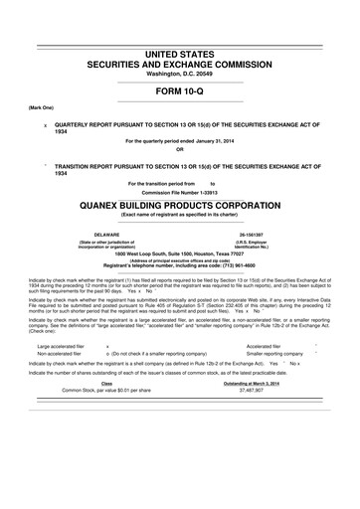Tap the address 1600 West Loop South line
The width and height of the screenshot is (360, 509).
click(180, 254)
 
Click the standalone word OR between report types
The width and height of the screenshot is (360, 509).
click(180, 150)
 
